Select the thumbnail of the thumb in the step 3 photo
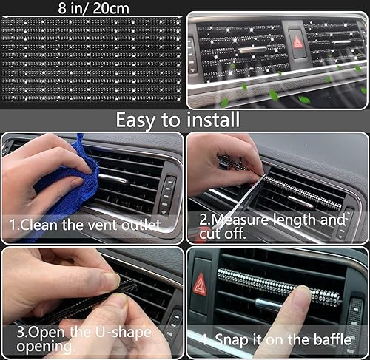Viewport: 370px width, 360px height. pyautogui.click(x=111, y=280)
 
